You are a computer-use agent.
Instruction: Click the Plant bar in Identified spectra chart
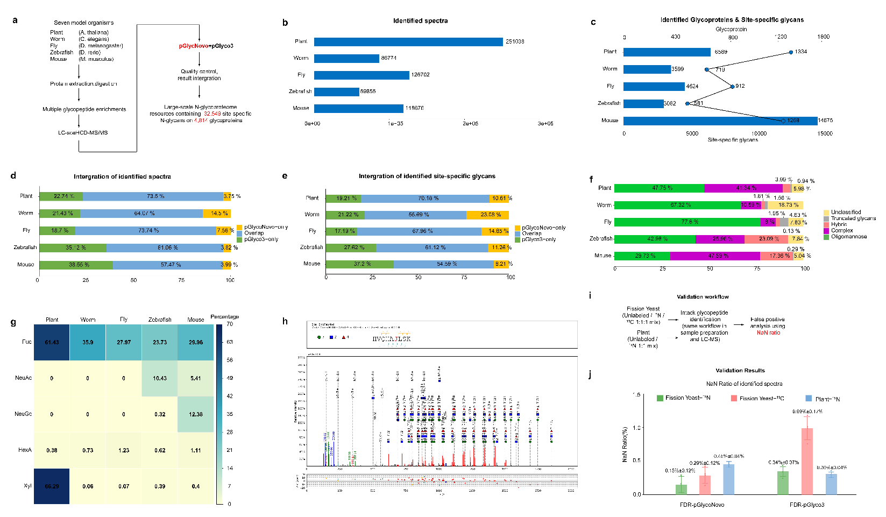[x=408, y=41]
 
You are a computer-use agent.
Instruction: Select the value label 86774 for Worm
[x=389, y=58]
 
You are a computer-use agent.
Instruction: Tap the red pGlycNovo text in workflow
[x=194, y=46]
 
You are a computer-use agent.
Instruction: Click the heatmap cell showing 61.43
[x=52, y=342]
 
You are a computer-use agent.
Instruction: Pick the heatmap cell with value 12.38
[x=196, y=414]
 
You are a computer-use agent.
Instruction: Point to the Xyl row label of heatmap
[x=27, y=486]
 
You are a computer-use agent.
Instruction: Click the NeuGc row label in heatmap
[x=23, y=414]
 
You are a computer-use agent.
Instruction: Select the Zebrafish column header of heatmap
[x=160, y=320]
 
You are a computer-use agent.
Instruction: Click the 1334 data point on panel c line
[x=790, y=52]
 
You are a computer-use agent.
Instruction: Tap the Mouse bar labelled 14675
[x=720, y=121]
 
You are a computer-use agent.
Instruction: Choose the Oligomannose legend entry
[x=848, y=237]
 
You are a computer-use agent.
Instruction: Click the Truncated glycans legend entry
[x=853, y=218]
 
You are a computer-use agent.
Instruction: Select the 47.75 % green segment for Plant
[x=659, y=188]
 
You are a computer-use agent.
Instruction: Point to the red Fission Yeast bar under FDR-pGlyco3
[x=807, y=461]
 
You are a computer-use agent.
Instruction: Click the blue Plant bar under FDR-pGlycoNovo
[x=728, y=479]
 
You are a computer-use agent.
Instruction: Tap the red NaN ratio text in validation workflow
[x=768, y=333]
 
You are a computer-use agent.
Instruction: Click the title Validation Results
[x=740, y=371]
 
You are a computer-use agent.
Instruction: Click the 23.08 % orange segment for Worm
[x=490, y=215]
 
